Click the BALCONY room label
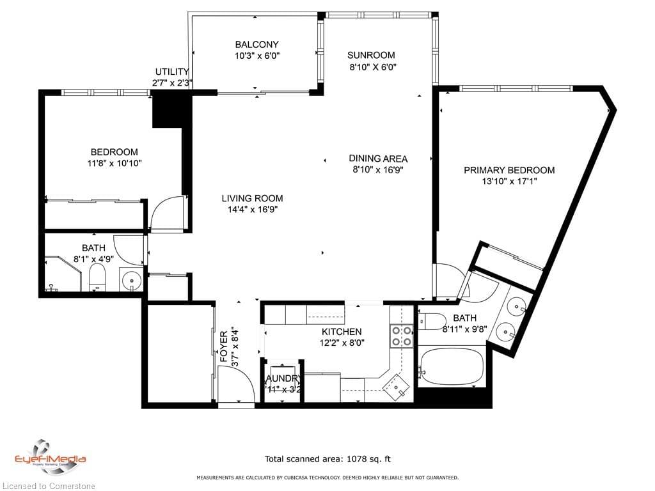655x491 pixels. click(256, 45)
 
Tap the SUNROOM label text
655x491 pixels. click(371, 55)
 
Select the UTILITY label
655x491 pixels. click(171, 72)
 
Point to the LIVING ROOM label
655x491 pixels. click(252, 198)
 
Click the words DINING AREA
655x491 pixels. click(377, 159)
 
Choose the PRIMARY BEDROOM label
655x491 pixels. click(509, 170)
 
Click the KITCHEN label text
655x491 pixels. click(341, 332)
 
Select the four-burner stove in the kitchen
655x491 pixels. click(401, 336)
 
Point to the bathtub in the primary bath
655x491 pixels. click(452, 368)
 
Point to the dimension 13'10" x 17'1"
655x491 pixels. click(509, 182)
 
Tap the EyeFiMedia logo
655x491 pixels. click(50, 456)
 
